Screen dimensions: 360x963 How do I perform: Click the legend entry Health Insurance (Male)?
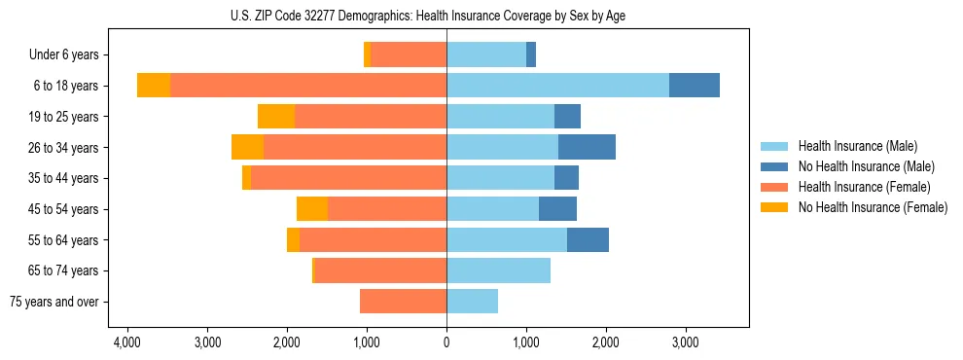coord(857,146)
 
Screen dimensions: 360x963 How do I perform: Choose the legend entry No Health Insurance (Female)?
coord(873,207)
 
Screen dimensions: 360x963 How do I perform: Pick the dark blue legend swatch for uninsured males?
coord(774,166)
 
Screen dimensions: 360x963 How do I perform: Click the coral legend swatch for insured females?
coord(774,187)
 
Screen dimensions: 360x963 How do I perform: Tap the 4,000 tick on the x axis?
coord(127,342)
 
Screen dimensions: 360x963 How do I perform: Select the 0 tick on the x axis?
coord(446,342)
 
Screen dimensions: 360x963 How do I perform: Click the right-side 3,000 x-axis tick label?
coord(685,342)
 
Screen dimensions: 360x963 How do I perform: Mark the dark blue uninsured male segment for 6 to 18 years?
coord(695,86)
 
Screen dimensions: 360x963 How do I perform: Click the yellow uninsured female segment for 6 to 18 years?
coord(154,86)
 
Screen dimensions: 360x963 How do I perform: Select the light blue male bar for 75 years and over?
coord(472,302)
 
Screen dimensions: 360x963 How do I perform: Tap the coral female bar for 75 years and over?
coord(403,302)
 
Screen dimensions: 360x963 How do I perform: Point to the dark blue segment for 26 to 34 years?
coord(587,147)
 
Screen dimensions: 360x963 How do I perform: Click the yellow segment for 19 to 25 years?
coord(276,117)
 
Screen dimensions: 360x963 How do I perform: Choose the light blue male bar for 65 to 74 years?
coord(498,270)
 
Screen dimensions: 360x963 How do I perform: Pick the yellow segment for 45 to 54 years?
coord(312,209)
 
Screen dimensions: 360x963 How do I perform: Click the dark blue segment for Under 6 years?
coord(531,55)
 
